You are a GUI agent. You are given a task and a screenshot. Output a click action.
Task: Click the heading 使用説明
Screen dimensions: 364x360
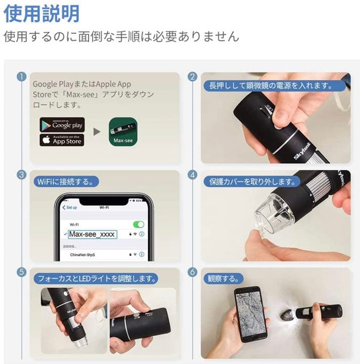(42, 14)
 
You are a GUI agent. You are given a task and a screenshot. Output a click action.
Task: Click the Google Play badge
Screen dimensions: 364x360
(62, 124)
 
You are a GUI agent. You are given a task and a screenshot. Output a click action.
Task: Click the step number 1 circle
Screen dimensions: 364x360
(21, 77)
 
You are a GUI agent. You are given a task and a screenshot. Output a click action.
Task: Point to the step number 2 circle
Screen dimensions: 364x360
(192, 77)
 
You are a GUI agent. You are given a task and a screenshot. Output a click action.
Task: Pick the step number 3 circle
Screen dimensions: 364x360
(21, 175)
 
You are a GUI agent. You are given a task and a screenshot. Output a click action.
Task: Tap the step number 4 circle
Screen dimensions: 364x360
(192, 175)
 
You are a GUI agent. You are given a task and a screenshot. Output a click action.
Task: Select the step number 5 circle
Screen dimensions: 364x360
(21, 272)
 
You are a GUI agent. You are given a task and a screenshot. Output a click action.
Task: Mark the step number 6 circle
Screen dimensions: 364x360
(192, 272)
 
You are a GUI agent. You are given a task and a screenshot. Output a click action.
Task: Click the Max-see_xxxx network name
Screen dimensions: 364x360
(93, 234)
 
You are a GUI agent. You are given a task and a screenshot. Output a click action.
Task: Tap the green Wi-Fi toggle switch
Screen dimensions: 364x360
(138, 224)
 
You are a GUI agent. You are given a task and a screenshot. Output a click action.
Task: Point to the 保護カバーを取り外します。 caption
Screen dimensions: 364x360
(248, 181)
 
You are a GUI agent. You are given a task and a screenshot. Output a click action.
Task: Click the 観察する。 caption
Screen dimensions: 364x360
(222, 279)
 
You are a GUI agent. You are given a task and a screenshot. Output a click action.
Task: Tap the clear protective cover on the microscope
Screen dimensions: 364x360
(273, 212)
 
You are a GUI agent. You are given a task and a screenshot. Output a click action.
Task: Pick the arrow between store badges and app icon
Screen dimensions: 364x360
(96, 132)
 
